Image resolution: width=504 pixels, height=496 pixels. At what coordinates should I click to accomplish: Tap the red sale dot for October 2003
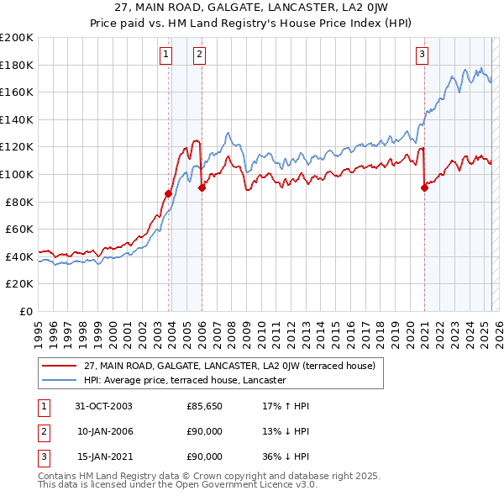tap(169, 193)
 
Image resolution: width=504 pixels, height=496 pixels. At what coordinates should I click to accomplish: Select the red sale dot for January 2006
tap(202, 188)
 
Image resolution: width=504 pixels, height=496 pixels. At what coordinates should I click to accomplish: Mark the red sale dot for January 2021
tap(424, 188)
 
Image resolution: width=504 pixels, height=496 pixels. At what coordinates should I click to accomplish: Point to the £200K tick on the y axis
tap(17, 38)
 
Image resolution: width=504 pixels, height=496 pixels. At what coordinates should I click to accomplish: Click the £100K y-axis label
tap(17, 174)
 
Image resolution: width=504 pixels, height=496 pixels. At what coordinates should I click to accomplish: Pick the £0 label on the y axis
tap(25, 311)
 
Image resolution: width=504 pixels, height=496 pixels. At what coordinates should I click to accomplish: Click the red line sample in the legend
tap(60, 366)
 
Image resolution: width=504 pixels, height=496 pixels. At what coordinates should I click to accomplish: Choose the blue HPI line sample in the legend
tap(60, 380)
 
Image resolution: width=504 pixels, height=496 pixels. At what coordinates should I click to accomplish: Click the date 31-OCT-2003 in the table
tap(103, 406)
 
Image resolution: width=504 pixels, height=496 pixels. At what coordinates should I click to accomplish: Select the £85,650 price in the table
tap(204, 406)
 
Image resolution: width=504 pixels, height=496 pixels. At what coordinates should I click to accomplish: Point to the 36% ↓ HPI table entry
tap(286, 456)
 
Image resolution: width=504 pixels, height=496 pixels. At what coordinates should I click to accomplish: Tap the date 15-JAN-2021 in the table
tap(104, 456)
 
